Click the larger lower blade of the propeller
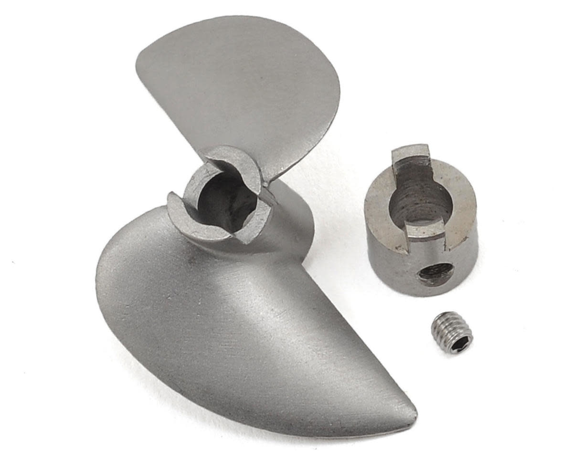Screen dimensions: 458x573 [x=229, y=324]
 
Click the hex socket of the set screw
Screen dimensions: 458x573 [x=461, y=343]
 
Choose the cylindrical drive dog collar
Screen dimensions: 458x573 [x=420, y=219]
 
